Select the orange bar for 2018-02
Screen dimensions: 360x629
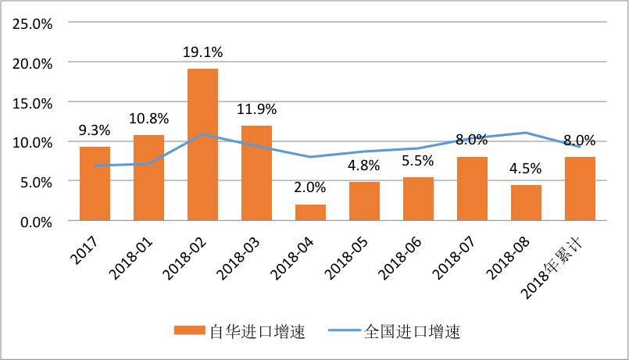[202, 145]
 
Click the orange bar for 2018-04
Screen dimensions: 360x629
[310, 213]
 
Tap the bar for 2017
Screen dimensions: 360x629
[95, 184]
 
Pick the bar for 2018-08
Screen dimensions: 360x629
[526, 203]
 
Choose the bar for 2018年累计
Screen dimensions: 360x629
[580, 189]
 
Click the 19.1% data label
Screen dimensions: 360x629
[202, 53]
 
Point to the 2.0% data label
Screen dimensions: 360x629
[310, 189]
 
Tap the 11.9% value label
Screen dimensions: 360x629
[256, 109]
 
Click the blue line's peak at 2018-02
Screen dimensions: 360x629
[202, 134]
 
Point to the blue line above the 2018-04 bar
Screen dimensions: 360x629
[310, 157]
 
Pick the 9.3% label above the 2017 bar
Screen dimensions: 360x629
[95, 130]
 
